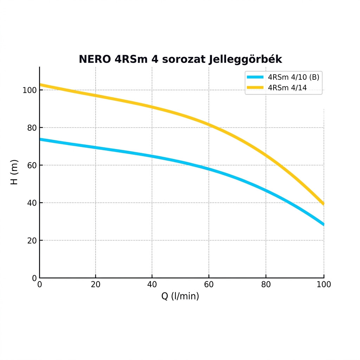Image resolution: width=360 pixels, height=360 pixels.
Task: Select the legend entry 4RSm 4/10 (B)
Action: click(294, 77)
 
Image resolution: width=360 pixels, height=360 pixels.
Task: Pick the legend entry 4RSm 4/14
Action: click(287, 88)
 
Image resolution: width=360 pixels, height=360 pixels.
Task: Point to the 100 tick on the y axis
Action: click(30, 90)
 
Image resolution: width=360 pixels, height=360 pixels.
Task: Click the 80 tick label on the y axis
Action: click(32, 128)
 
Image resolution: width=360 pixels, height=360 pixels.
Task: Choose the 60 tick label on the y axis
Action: click(32, 166)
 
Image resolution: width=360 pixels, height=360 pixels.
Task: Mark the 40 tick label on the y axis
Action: click(32, 203)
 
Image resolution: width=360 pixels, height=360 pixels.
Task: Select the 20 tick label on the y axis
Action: click(32, 241)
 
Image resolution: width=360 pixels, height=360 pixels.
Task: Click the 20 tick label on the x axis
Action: click(96, 284)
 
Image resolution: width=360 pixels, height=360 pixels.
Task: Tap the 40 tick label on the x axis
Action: click(152, 284)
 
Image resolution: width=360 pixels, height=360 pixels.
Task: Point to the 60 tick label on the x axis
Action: click(209, 284)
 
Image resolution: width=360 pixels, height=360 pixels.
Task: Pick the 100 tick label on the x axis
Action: click(324, 284)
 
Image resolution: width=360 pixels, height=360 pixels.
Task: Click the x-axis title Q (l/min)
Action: click(180, 296)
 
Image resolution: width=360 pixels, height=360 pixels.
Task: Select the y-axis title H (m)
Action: click(14, 172)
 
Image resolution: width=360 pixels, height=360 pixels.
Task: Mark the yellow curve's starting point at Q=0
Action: click(40, 84)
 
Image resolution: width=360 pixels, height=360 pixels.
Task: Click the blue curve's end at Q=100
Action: click(323, 224)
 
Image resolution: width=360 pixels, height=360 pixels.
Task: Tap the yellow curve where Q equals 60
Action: click(209, 124)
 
